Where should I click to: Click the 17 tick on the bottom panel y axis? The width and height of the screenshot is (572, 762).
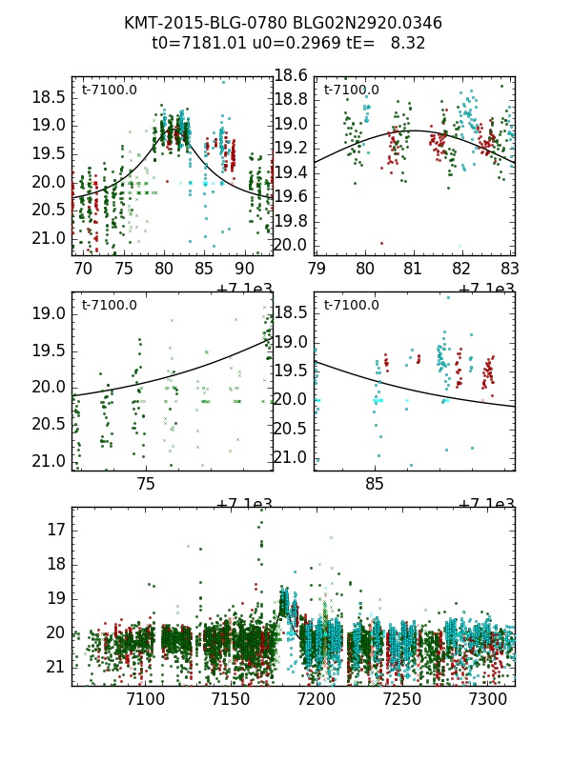56,529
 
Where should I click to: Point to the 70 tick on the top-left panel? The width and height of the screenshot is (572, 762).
84,270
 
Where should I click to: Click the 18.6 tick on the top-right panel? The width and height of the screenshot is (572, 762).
292,75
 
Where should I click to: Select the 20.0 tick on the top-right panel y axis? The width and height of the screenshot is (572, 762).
292,245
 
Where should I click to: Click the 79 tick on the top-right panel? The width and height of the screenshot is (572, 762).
315,270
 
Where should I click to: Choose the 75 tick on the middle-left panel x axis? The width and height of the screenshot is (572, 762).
145,484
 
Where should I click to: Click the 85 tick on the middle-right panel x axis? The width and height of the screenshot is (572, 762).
375,484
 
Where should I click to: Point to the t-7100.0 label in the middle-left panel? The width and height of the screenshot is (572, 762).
109,305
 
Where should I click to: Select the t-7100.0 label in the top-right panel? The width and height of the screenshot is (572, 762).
351,90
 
